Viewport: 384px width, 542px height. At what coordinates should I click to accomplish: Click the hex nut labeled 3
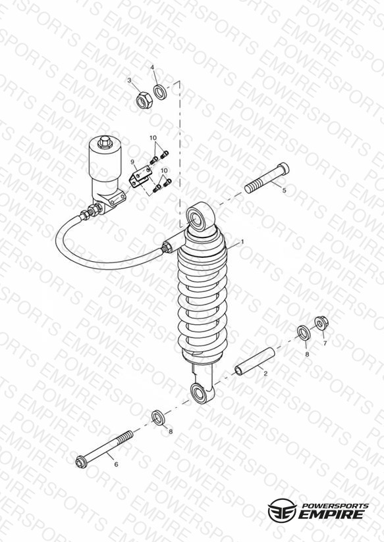tap(144, 100)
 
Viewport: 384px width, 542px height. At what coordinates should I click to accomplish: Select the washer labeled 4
tap(159, 91)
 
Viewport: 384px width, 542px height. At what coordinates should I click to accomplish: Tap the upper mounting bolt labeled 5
tap(267, 178)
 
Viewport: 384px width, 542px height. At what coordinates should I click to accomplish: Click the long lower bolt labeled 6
tap(104, 449)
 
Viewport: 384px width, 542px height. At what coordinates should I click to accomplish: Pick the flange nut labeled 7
tap(321, 323)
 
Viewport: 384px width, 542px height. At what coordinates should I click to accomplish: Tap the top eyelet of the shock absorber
tap(200, 217)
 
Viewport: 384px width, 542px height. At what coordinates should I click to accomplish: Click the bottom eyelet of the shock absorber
tap(203, 393)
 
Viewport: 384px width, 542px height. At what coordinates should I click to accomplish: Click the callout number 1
tap(242, 241)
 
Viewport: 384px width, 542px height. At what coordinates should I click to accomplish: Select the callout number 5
tap(285, 191)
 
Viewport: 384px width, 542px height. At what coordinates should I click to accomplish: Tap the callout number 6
tap(116, 464)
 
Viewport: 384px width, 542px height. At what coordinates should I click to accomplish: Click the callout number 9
tap(132, 161)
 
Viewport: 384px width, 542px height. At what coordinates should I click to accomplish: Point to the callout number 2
tap(265, 374)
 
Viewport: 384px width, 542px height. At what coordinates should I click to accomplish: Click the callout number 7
tap(325, 343)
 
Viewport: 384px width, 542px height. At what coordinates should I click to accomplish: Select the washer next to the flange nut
tap(304, 332)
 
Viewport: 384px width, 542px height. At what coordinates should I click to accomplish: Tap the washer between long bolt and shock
tap(158, 417)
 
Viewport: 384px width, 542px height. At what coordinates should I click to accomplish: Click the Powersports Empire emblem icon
tap(282, 510)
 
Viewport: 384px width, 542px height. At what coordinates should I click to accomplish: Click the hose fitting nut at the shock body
tap(166, 247)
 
